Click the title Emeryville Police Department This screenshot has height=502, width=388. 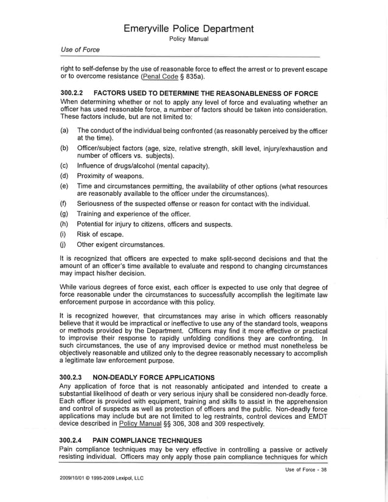pyautogui.click(x=189, y=29)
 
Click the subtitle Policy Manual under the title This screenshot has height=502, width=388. pyautogui.click(x=189, y=39)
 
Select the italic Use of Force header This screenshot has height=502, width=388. pyautogui.click(x=80, y=50)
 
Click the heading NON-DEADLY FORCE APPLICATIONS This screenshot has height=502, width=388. pyautogui.click(x=153, y=377)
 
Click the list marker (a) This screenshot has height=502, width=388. pyautogui.click(x=64, y=131)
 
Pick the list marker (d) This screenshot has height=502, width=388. pyautogui.click(x=64, y=176)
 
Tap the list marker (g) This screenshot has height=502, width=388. pyautogui.click(x=64, y=214)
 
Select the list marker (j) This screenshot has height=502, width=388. pyautogui.click(x=64, y=245)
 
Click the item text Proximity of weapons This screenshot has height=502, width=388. pyautogui.click(x=114, y=176)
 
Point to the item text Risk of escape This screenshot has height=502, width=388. pyautogui.click(x=100, y=235)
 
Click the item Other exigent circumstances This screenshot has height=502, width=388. pyautogui.click(x=121, y=245)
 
